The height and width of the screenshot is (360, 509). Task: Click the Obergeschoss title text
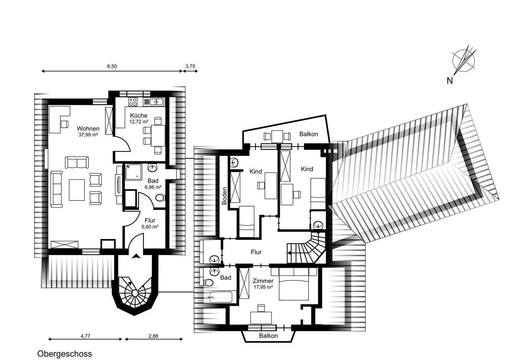[x=65, y=354]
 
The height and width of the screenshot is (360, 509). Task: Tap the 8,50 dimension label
[x=112, y=66]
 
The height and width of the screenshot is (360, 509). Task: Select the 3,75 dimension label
[x=190, y=66]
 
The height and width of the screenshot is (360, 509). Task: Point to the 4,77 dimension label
[x=86, y=336]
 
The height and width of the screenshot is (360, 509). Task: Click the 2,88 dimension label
[x=153, y=336]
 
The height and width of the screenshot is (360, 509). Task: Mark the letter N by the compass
[x=450, y=81]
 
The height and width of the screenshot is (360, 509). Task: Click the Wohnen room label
[x=88, y=129]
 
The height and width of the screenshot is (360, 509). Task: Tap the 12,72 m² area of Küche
[x=139, y=122]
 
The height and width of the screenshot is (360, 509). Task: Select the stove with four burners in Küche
[x=133, y=101]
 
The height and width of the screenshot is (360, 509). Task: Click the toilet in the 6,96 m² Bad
[x=160, y=197]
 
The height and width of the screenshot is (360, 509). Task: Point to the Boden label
[x=224, y=196]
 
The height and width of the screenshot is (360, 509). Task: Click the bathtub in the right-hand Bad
[x=221, y=297]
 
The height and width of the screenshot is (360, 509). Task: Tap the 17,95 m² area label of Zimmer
[x=263, y=287]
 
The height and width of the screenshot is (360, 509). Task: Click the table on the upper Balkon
[x=277, y=137]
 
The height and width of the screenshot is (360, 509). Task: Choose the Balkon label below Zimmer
[x=268, y=336]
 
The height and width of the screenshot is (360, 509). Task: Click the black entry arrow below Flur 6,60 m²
[x=136, y=256]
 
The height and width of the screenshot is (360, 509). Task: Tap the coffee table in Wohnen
[x=77, y=190]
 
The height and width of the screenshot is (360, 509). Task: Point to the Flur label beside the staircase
[x=256, y=252]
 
